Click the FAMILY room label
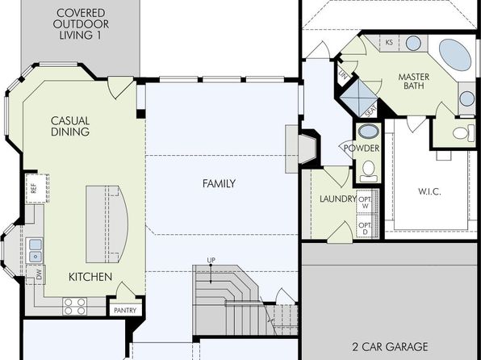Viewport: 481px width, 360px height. click(x=219, y=183)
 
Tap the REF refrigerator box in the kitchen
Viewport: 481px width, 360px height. click(x=37, y=188)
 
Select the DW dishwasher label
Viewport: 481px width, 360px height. click(x=39, y=275)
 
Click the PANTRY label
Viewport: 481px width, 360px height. click(x=125, y=310)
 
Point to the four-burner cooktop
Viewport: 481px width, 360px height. click(x=75, y=306)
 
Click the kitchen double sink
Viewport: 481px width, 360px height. click(x=36, y=250)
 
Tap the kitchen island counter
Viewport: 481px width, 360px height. click(x=107, y=224)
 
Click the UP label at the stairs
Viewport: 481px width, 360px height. click(x=211, y=260)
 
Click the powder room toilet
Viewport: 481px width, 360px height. click(x=369, y=171)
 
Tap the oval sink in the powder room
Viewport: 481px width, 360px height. click(x=369, y=132)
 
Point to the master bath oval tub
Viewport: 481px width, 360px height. click(x=455, y=55)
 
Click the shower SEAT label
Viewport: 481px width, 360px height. click(x=371, y=111)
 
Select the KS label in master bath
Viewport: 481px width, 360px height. click(x=389, y=42)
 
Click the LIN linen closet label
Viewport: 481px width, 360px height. click(x=343, y=75)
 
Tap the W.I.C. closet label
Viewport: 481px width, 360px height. click(x=429, y=192)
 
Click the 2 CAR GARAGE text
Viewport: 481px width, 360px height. click(x=390, y=347)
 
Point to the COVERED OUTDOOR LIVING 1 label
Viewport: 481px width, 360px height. click(x=81, y=24)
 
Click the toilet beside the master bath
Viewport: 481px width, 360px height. click(x=463, y=132)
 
